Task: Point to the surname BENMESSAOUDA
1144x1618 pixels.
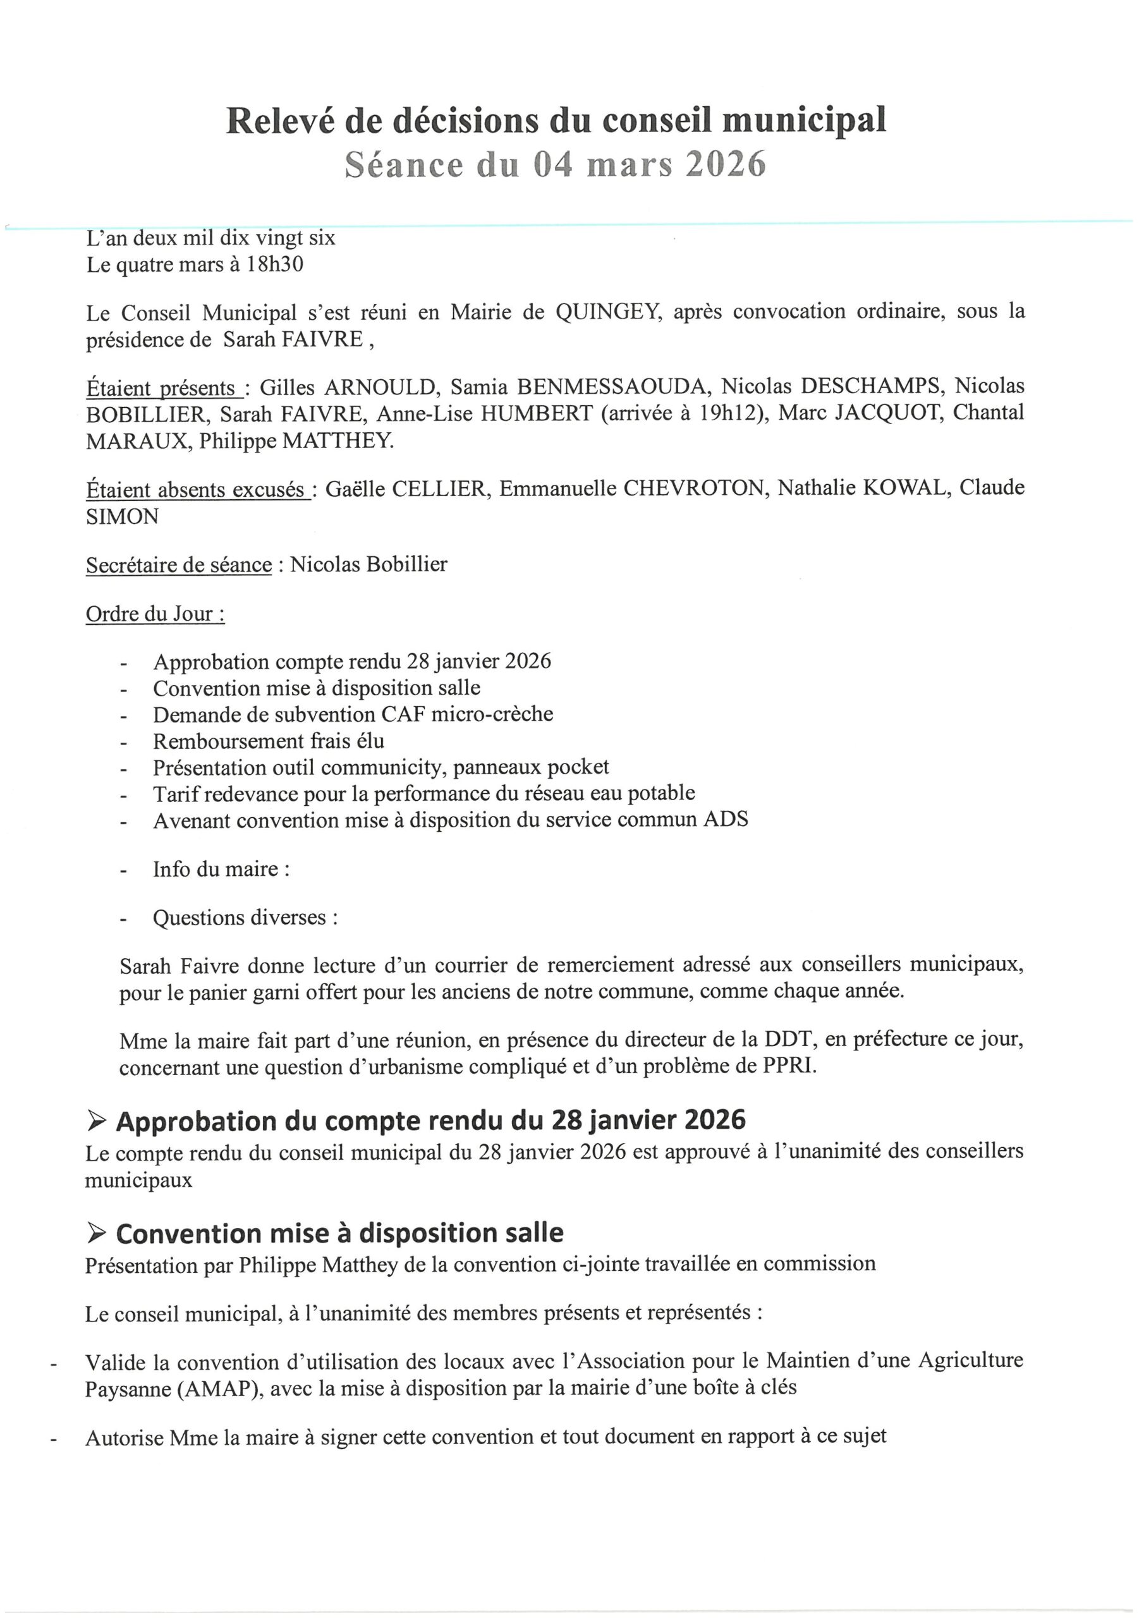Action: pos(611,386)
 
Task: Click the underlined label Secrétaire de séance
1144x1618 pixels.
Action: pos(179,565)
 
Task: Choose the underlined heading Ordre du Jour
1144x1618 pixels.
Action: pos(155,614)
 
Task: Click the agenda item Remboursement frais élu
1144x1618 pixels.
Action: pos(269,741)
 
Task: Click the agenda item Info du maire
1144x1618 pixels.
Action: pos(221,869)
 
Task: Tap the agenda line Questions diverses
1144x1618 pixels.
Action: pos(245,918)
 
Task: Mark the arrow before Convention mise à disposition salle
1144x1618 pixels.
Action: pos(97,1232)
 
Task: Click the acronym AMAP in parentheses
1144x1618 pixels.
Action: pos(219,1389)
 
